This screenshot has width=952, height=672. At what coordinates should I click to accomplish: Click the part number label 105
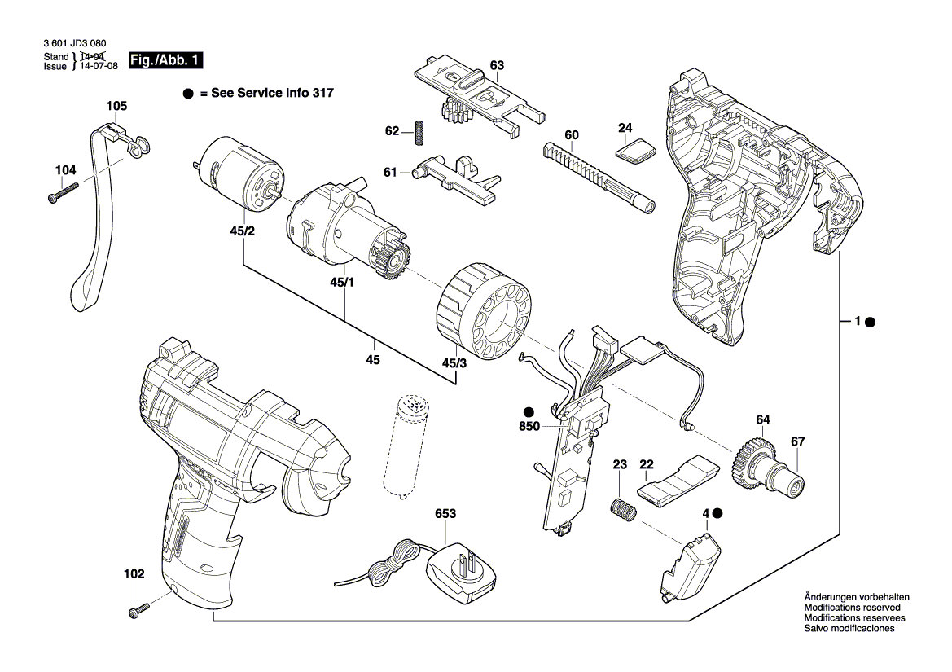(x=116, y=106)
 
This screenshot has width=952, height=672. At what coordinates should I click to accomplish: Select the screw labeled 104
(x=64, y=193)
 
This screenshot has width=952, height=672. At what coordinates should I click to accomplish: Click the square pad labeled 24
(x=635, y=151)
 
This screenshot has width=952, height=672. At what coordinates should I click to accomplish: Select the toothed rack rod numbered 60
(x=598, y=177)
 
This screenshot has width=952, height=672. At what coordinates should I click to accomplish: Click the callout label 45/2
(x=243, y=231)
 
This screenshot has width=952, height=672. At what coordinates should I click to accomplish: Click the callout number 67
(x=797, y=442)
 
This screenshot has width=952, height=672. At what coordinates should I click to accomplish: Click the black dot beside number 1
(x=870, y=323)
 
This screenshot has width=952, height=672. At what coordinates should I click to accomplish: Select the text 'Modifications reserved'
(x=852, y=608)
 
